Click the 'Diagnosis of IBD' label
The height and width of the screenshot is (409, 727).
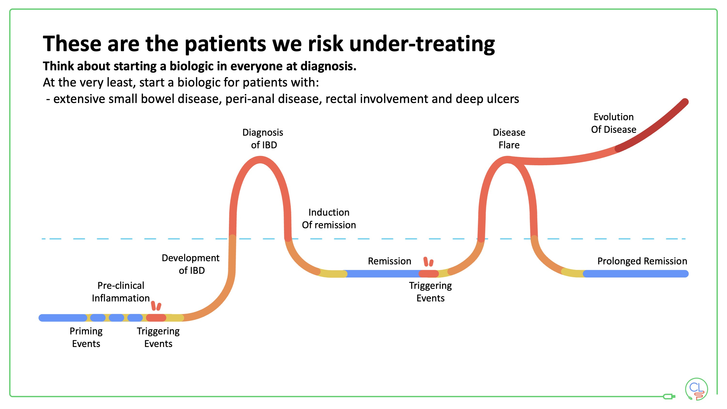click(263, 139)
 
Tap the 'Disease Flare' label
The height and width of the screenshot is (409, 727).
click(509, 139)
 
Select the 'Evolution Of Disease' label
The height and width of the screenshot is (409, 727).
click(614, 123)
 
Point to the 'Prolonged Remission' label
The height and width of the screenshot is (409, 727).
click(642, 261)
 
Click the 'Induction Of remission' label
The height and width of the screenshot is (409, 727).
click(329, 219)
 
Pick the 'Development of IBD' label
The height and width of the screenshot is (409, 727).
click(191, 264)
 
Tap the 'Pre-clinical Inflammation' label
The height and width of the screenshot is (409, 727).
click(121, 291)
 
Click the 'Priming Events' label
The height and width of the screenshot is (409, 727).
click(86, 337)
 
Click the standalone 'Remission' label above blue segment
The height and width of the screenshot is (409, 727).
click(390, 261)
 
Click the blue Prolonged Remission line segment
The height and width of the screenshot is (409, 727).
click(635, 274)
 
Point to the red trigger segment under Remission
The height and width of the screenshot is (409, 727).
click(428, 274)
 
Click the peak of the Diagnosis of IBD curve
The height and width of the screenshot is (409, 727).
click(260, 160)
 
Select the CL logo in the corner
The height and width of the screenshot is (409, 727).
click(696, 389)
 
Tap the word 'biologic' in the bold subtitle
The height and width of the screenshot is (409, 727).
click(191, 66)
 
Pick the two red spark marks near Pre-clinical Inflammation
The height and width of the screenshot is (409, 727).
click(156, 306)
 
